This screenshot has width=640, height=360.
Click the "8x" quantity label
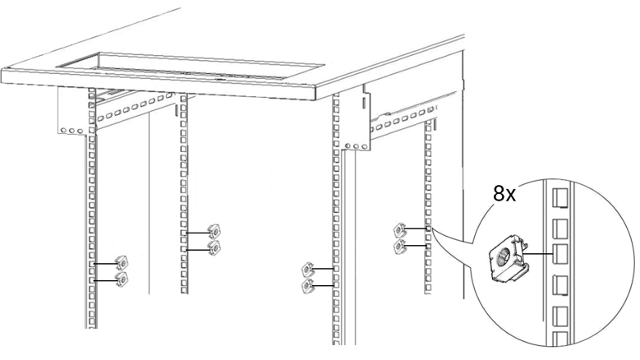coord(504,193)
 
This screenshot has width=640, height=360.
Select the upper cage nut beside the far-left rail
coord(122,264)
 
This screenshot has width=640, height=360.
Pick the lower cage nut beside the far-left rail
coord(122,279)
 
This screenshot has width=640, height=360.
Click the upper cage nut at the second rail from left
coord(214,232)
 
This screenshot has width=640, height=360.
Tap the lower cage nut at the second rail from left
coord(214,247)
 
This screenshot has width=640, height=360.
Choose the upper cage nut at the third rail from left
coord(307,270)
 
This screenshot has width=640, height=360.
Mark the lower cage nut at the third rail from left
coord(307,286)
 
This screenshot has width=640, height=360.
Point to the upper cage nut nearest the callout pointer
coord(399,230)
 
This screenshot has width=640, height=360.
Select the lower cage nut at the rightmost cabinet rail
coord(399,246)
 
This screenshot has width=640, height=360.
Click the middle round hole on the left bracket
coord(71,131)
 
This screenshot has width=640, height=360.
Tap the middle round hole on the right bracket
coord(356,145)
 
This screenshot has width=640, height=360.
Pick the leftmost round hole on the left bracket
coord(63,131)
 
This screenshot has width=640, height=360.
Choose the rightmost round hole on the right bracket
coord(363,146)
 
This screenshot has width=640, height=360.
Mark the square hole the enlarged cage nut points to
coord(560,254)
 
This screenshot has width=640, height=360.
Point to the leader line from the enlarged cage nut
coord(538,253)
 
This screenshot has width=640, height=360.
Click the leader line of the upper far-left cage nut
coord(105,264)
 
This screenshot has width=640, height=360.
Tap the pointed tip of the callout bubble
coord(433,229)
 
